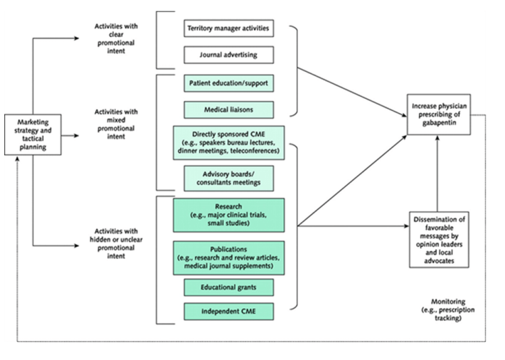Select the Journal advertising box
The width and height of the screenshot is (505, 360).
tap(228, 55)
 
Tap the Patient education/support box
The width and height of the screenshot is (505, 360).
tap(228, 83)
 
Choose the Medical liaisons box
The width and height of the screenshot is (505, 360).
tap(228, 109)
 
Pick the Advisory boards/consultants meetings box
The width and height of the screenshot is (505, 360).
tap(228, 178)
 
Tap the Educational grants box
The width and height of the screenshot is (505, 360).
tap(228, 287)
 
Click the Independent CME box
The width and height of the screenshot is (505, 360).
tap(228, 311)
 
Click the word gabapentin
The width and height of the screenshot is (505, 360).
tap(439, 125)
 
